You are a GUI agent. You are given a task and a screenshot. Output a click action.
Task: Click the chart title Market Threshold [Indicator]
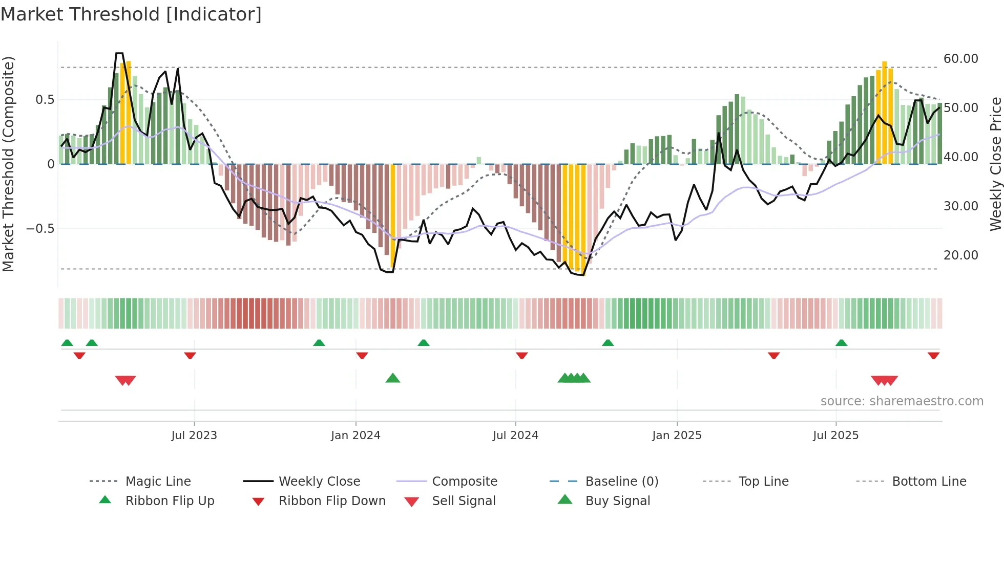[131, 14]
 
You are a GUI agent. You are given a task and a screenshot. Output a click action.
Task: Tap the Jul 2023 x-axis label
[194, 436]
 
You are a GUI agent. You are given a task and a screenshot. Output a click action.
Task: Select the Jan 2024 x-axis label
[355, 436]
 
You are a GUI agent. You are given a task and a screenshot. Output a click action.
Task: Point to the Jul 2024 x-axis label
[515, 436]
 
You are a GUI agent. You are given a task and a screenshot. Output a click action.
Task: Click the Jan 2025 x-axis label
[677, 436]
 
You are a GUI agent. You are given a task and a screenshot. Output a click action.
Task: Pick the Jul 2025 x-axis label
[835, 436]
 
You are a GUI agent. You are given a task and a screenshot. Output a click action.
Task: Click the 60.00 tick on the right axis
[960, 59]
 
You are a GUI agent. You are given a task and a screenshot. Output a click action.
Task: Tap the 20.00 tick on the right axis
[960, 255]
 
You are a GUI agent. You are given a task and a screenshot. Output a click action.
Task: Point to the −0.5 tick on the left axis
[40, 229]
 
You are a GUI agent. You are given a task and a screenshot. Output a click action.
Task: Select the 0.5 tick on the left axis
[45, 100]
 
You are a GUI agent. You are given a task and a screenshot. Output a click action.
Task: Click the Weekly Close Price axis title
[995, 164]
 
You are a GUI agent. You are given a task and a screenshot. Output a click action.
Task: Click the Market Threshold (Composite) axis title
[8, 164]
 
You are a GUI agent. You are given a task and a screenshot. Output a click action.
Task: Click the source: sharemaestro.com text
[902, 401]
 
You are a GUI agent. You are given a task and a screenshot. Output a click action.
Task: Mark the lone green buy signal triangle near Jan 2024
[393, 378]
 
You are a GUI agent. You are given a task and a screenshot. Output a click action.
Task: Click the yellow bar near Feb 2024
[393, 215]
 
